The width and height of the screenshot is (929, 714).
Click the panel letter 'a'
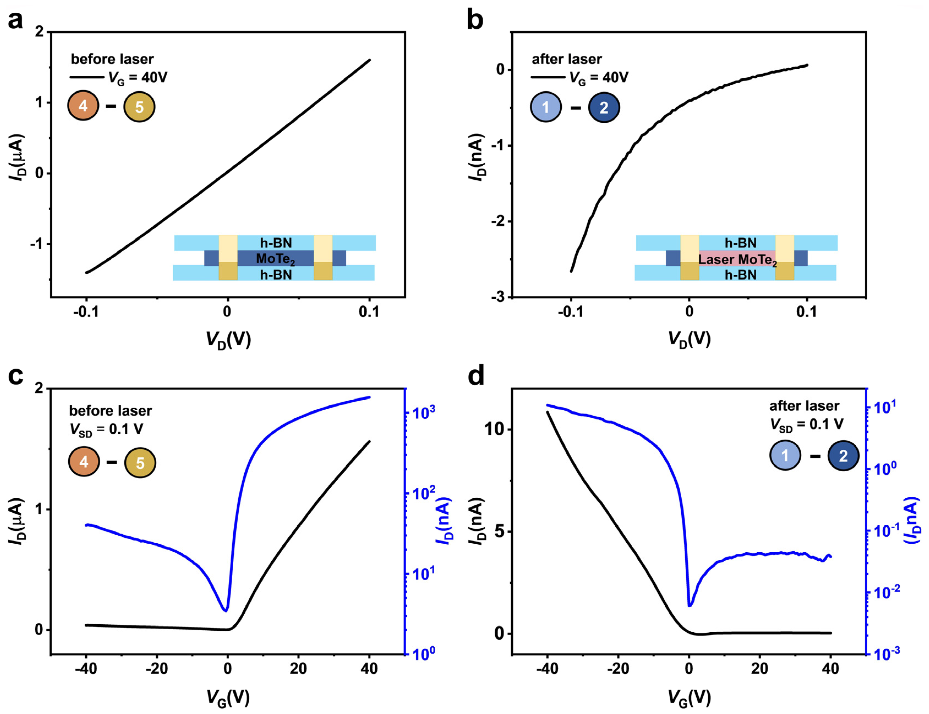[15, 20]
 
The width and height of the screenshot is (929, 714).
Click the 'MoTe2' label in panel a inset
[275, 259]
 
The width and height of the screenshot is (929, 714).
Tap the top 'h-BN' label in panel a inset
[276, 243]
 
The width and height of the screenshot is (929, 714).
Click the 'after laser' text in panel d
[804, 406]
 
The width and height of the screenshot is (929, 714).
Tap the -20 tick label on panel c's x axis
[157, 669]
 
